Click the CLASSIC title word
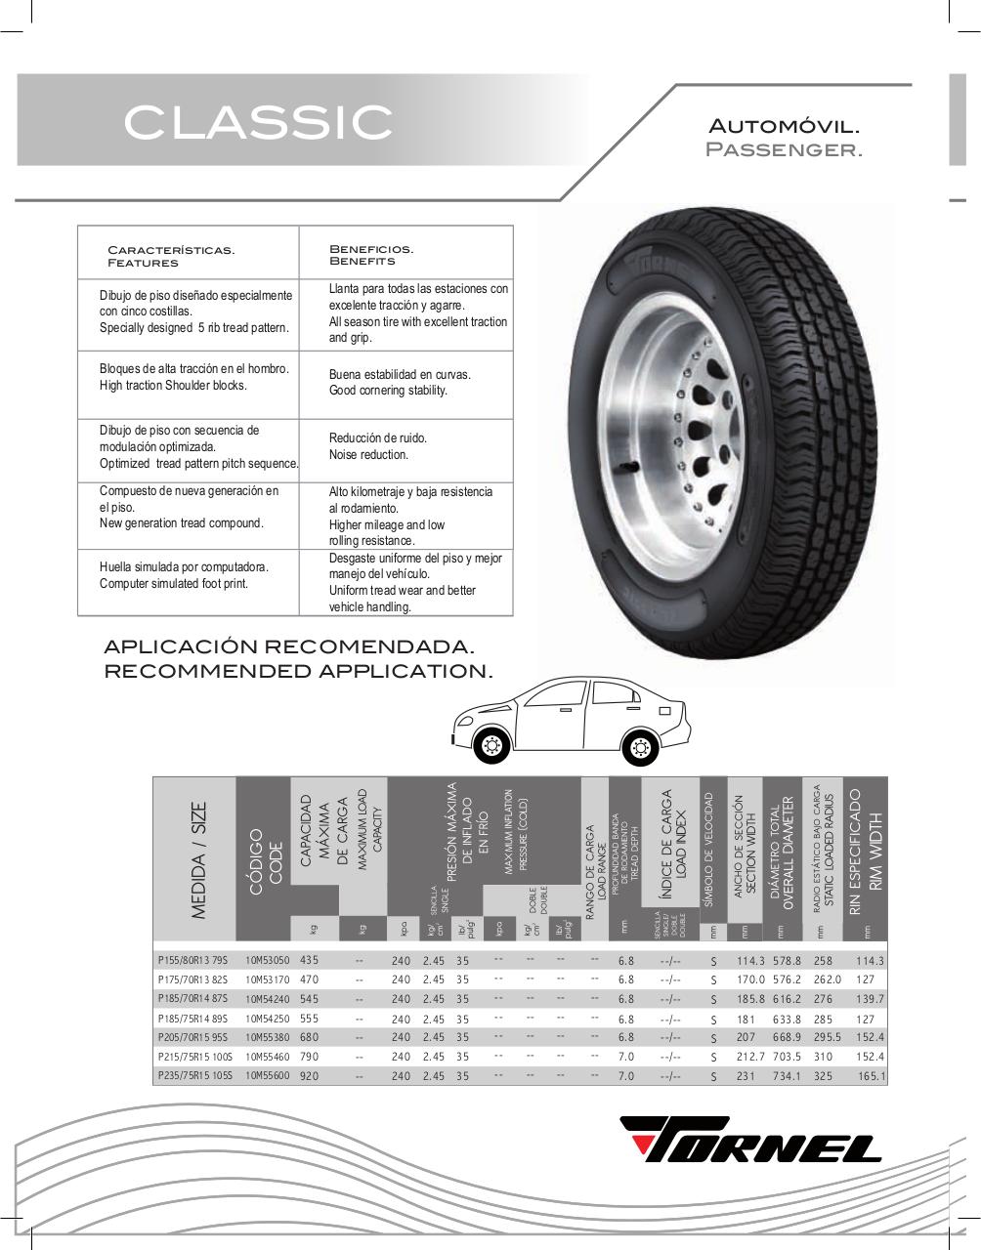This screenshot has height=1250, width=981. click(258, 122)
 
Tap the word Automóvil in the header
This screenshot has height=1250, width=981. click(785, 127)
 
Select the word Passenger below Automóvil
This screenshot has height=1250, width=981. click(785, 150)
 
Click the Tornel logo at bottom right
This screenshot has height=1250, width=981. click(751, 1140)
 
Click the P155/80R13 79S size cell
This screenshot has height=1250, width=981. click(192, 960)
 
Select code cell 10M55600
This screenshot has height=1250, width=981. click(268, 1075)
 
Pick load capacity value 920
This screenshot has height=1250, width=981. click(310, 1075)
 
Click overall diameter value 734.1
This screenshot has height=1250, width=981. click(787, 1076)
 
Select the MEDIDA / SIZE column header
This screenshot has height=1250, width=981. click(199, 859)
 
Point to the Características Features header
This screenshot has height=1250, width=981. click(171, 256)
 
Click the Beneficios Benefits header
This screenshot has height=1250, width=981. click(371, 255)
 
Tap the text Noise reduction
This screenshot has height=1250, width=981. click(368, 455)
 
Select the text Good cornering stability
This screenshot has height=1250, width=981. click(388, 391)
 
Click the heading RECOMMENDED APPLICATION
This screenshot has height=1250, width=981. click(298, 671)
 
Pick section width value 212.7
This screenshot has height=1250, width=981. click(751, 1057)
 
